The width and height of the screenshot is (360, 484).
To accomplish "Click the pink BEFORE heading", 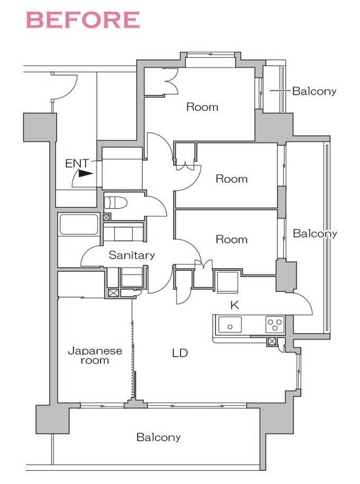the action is click(x=83, y=20).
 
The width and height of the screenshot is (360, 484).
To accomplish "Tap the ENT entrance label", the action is click(x=77, y=163).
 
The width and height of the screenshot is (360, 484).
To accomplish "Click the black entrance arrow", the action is click(x=86, y=174).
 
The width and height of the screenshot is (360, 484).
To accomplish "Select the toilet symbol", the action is click(x=115, y=203).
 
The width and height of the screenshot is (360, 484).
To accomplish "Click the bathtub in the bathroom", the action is click(x=79, y=224).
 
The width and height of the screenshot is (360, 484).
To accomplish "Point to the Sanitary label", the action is click(x=132, y=255).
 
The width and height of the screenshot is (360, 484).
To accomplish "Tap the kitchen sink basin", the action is click(x=230, y=325).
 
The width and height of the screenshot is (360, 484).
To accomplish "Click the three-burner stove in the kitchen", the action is click(x=275, y=325).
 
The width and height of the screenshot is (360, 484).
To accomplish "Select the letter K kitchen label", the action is click(x=235, y=305).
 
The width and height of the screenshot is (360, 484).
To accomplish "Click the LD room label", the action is click(x=180, y=353).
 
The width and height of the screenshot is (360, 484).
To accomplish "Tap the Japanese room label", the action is click(x=95, y=355).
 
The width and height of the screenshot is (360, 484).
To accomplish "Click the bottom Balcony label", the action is click(x=158, y=437).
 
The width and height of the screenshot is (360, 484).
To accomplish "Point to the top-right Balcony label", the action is click(x=314, y=91).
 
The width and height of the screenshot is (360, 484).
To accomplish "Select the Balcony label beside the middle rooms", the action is click(x=315, y=234).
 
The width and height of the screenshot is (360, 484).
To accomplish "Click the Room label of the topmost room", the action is click(x=202, y=107).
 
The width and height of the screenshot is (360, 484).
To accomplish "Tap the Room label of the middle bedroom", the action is click(x=231, y=179).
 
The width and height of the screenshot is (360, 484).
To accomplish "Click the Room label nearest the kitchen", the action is click(x=231, y=239).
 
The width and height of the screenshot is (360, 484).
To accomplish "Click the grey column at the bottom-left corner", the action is click(x=52, y=419).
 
